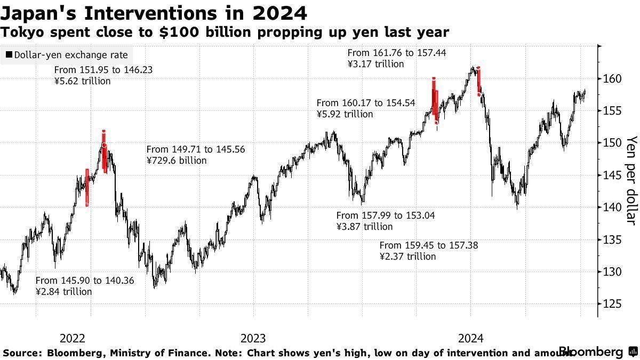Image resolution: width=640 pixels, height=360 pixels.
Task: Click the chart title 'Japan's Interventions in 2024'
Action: coord(154,12)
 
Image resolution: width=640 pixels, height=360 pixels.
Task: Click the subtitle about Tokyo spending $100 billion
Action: coord(225,33)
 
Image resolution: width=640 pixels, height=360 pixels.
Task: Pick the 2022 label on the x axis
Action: coord(73,338)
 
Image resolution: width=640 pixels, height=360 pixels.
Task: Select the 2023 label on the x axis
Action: coord(253,338)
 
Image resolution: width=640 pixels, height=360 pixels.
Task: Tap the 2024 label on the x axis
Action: coord(471,338)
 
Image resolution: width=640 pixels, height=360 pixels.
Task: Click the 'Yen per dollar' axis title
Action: coord(631,180)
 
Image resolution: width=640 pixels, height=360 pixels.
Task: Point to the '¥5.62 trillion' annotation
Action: coord(82,81)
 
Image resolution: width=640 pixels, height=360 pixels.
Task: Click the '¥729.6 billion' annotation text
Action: coord(176,160)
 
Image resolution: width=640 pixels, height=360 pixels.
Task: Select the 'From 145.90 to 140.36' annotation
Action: coord(85,281)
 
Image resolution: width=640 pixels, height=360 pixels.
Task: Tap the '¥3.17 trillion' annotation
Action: coord(375,64)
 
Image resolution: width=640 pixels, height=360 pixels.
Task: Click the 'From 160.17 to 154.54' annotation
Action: coord(366,103)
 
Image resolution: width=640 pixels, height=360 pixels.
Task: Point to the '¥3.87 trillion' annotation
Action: coord(364,227)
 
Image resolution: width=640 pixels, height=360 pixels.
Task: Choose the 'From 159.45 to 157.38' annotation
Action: coord(429,245)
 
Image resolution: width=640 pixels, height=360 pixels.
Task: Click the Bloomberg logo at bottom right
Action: coord(591,352)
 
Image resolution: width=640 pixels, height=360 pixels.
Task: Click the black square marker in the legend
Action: coord(9,55)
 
